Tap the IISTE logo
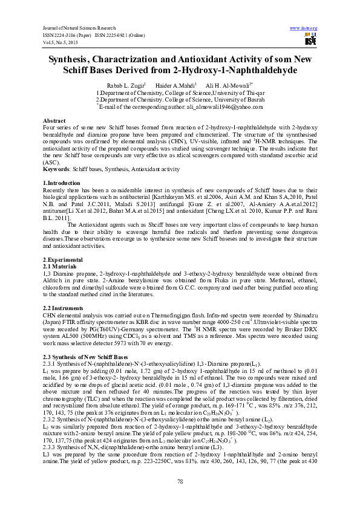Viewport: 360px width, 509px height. click(310, 39)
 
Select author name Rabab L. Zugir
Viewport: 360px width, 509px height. click(126, 86)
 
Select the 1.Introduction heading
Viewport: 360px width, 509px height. click(62, 182)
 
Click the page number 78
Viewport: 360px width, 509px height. click(180, 481)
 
